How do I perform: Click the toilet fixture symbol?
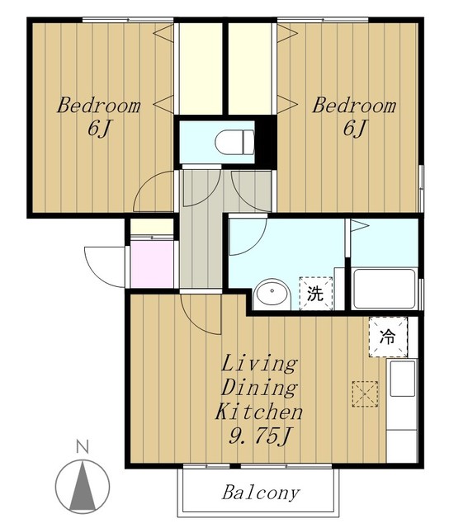coord(234,142)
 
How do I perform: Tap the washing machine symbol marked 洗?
coord(315,294)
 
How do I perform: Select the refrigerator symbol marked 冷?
coord(388,337)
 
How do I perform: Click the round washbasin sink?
coord(272,295)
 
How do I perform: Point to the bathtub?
coord(384,289)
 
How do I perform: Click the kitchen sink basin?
coord(402,379)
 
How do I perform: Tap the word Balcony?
coord(260,493)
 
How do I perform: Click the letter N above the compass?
coord(83,447)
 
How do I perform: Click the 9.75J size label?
coord(259,436)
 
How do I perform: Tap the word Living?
coord(259,365)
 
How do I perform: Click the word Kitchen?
coord(258,412)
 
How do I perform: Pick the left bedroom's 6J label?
coord(99,129)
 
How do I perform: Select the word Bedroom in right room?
coord(354,106)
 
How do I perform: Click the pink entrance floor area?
coord(154,264)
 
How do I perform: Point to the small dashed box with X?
coord(365,394)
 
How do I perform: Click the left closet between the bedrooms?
coord(201,68)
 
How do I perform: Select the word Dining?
coord(259,388)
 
